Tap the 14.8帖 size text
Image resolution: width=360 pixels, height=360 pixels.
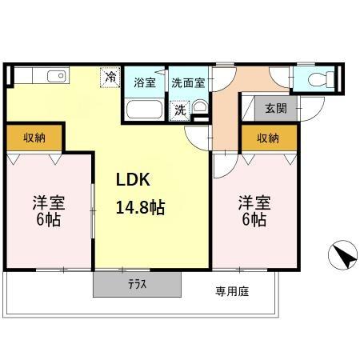coord(140,207)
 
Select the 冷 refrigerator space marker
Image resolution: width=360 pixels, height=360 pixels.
coord(110,78)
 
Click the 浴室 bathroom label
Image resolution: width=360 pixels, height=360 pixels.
coord(145,83)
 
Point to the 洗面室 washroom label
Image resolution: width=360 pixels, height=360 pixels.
coord(188,83)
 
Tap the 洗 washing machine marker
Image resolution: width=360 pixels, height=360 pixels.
coord(181,110)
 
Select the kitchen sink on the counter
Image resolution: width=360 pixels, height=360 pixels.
coord(56,77)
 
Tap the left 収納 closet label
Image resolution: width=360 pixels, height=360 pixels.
coord(34,138)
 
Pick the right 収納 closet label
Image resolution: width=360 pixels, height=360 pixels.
coord(268,138)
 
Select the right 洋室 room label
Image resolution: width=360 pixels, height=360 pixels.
coord(252,202)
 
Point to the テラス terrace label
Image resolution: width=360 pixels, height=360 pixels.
coord(137,285)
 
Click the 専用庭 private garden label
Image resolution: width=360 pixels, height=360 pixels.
coord(231,292)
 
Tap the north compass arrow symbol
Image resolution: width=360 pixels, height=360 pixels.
coord(343,256)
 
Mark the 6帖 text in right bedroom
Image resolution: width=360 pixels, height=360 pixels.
coord(252,220)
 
